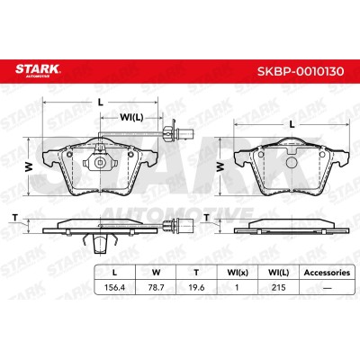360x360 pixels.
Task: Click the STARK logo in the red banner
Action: [x=38, y=70]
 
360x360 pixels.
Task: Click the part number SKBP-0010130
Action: [x=301, y=71]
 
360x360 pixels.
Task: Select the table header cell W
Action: [x=156, y=273]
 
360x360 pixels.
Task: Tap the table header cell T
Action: [x=196, y=273]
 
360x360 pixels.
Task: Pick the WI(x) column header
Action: [x=238, y=273]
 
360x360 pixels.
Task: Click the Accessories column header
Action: [x=327, y=273]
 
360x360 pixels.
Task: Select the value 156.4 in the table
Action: [x=114, y=287]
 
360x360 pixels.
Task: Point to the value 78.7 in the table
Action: [x=156, y=287]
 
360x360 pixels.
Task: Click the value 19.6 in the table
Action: [x=196, y=287]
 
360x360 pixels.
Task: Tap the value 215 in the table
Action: [x=278, y=287]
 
